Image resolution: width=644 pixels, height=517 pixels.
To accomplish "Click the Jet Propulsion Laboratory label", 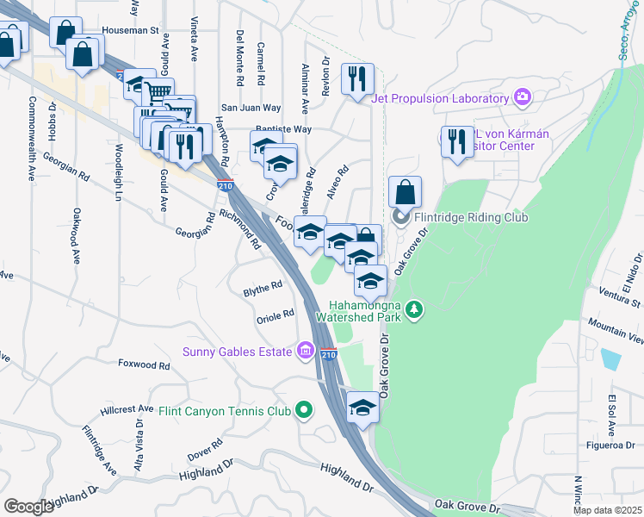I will coord(440,97).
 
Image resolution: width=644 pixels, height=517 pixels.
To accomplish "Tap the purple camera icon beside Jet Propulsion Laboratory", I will coord(521,97).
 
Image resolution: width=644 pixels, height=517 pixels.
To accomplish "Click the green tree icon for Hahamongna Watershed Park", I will coord(414,308).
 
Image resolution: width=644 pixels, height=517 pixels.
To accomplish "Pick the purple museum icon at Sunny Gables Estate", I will coord(305,351).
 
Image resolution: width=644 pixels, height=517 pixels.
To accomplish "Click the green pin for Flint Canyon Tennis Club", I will coord(302,411).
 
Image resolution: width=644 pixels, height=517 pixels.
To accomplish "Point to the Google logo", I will coord(28,507).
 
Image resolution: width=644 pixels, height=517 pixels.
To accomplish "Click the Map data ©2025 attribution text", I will coord(607,510).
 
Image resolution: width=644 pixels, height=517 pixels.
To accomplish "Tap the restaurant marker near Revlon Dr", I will coord(356,80).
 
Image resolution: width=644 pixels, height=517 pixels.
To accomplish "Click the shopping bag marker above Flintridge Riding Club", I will coord(405,192).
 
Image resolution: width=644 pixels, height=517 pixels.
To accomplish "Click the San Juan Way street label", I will coord(251,108).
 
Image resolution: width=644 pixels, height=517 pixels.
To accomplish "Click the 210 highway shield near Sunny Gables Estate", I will coord(328,353).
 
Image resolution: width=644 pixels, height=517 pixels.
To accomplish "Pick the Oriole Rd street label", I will coord(276,315).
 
